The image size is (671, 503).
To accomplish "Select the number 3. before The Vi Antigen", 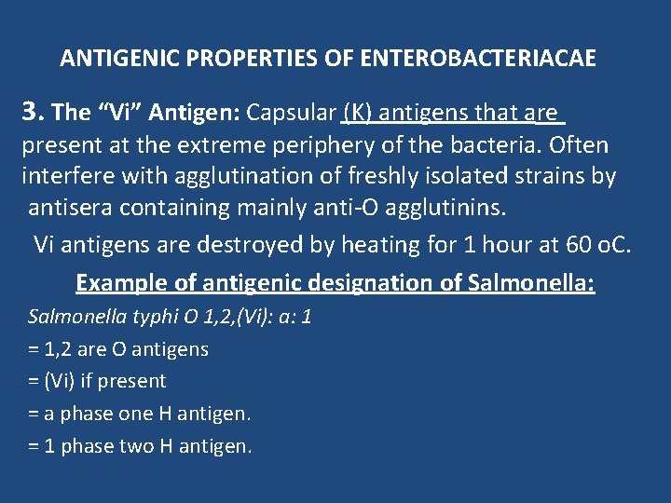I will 34,113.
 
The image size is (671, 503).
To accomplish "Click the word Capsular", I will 291,113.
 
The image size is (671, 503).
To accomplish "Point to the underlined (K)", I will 360,113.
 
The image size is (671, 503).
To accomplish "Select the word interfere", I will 62,177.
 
